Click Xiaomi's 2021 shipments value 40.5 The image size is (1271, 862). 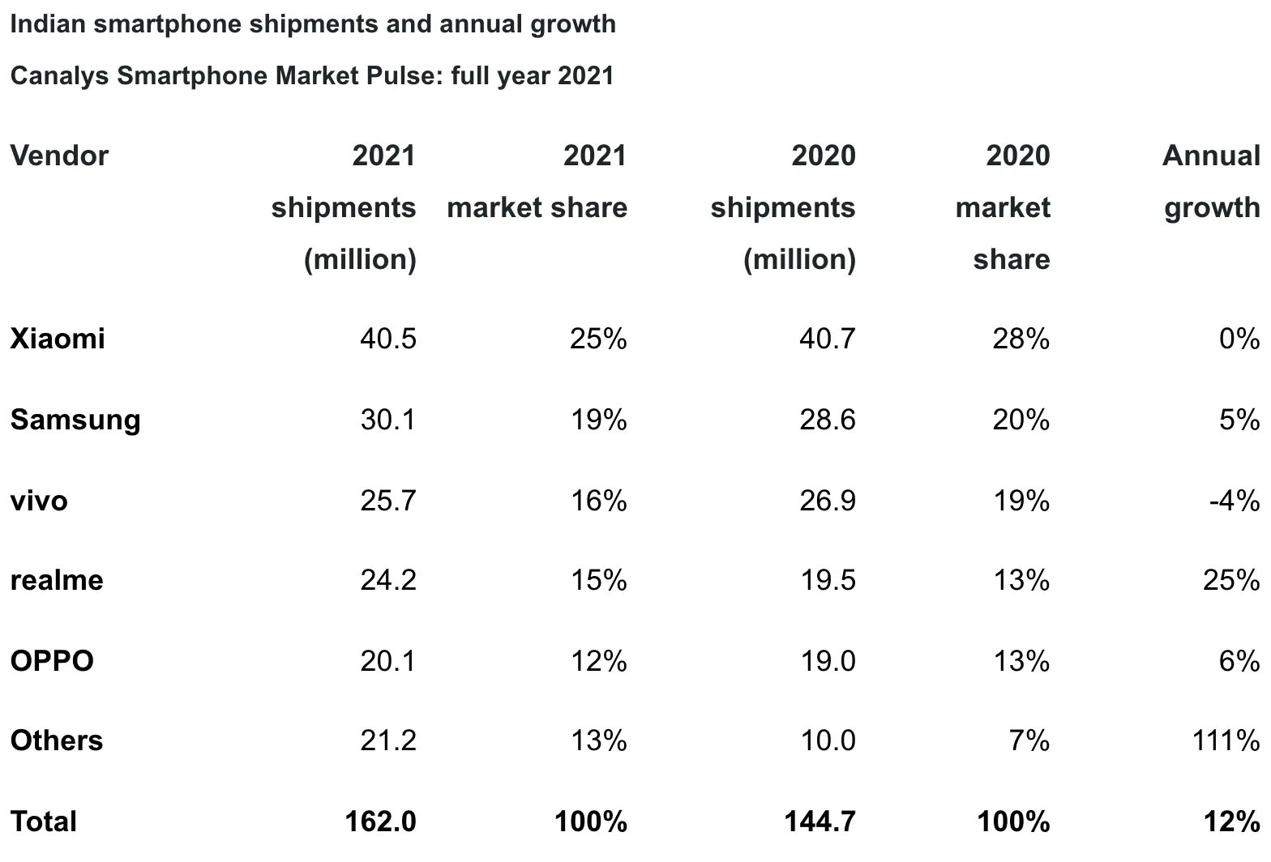[x=388, y=338]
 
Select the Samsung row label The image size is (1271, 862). [x=75, y=420]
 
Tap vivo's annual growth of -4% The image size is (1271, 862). [x=1234, y=501]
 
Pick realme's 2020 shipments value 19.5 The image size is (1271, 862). [x=827, y=580]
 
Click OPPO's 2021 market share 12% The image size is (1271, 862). [x=598, y=661]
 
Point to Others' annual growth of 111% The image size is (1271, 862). [x=1226, y=740]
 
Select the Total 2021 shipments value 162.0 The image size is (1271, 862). [x=380, y=821]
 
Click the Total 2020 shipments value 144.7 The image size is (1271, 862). [x=820, y=821]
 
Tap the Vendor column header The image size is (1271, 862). [x=59, y=156]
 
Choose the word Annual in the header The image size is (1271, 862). [x=1211, y=156]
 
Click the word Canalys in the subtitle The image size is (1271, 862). [x=60, y=75]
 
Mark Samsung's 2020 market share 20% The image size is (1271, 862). [x=1021, y=420]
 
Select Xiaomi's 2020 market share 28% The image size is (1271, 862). [x=1021, y=338]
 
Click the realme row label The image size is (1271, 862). [x=57, y=580]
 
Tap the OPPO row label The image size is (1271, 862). [x=52, y=661]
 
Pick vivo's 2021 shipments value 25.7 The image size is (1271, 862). [x=388, y=501]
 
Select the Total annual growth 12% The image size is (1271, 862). [x=1232, y=821]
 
